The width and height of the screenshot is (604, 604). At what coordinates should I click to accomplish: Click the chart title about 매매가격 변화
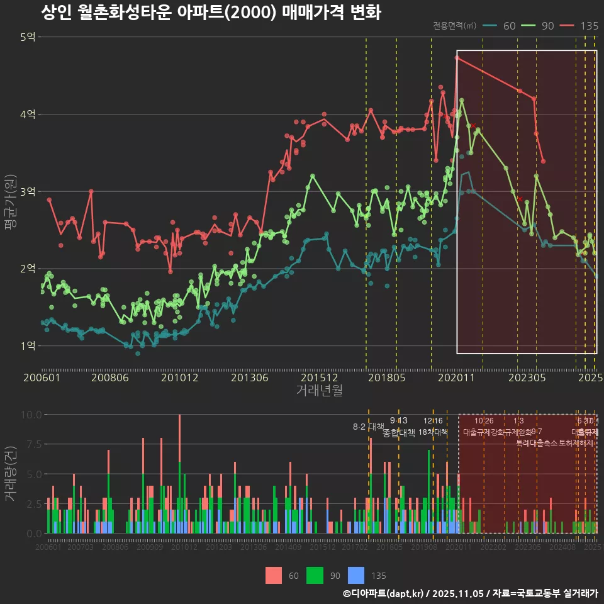coord(211,13)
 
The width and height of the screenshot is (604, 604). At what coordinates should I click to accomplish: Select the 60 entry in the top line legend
coord(510,26)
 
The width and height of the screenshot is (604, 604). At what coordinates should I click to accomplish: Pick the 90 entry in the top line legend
coord(547,26)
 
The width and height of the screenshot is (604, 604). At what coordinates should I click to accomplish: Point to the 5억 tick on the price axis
coord(28,37)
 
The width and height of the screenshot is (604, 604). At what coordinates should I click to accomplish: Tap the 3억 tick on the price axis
coord(28,191)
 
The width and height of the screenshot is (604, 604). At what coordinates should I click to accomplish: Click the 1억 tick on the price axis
coord(28,345)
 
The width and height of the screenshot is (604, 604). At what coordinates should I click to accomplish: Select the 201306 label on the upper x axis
coord(250,378)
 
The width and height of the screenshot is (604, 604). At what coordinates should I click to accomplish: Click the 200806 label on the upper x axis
coord(110,378)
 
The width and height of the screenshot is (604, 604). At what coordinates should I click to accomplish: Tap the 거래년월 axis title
coord(319,391)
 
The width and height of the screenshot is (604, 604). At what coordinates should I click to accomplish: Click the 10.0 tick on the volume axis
coord(31,415)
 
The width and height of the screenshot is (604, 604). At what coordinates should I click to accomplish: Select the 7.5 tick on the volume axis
coord(31,444)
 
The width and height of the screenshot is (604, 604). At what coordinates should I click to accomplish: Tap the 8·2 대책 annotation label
coord(368,427)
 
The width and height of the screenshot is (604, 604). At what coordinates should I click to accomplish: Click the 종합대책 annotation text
coord(399,433)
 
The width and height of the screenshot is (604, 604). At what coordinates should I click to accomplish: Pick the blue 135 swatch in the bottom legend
coord(356,575)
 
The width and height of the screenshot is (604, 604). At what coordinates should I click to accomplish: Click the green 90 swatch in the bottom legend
coord(315,575)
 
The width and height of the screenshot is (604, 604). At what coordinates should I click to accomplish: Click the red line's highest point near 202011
coord(457,58)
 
